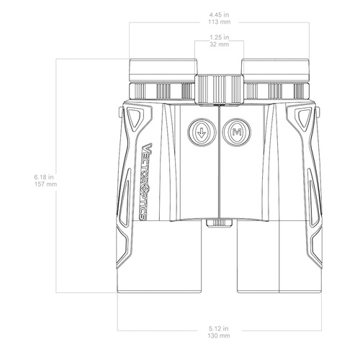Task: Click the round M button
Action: [x=236, y=132]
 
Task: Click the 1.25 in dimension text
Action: [x=218, y=36]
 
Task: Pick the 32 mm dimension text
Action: [x=218, y=44]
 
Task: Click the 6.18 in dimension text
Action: [x=45, y=176]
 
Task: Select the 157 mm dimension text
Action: [x=45, y=184]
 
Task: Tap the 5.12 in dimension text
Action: [x=218, y=328]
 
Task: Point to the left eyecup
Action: [x=163, y=70]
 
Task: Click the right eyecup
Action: [x=274, y=70]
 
